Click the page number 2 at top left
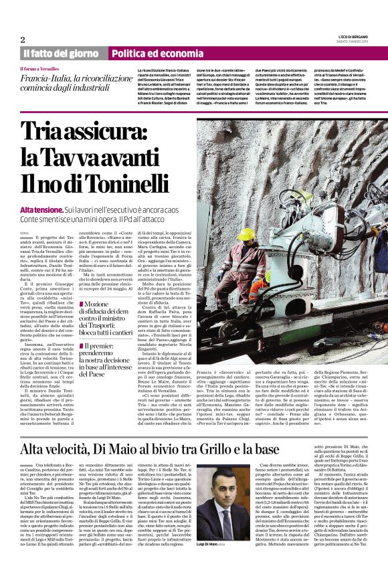[x=23, y=39]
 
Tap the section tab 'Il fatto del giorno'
[x=62, y=54]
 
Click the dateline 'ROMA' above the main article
[x=25, y=233]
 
